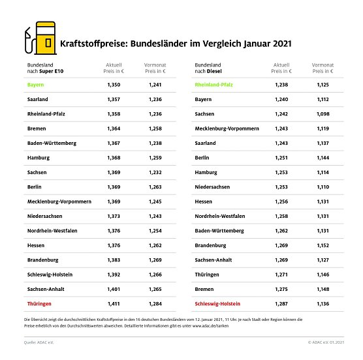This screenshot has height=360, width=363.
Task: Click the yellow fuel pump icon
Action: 39,41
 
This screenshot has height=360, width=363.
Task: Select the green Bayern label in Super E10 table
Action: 37,85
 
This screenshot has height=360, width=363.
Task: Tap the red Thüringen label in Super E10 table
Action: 40,304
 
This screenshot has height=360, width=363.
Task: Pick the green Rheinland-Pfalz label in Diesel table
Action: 219,85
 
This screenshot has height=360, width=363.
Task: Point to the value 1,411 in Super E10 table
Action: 114,304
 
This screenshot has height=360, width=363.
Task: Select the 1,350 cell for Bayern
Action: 114,85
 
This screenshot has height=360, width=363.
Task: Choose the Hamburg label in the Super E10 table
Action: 39,158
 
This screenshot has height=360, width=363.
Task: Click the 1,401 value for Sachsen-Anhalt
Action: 114,289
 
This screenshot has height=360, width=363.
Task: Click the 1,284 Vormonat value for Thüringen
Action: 155,304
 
